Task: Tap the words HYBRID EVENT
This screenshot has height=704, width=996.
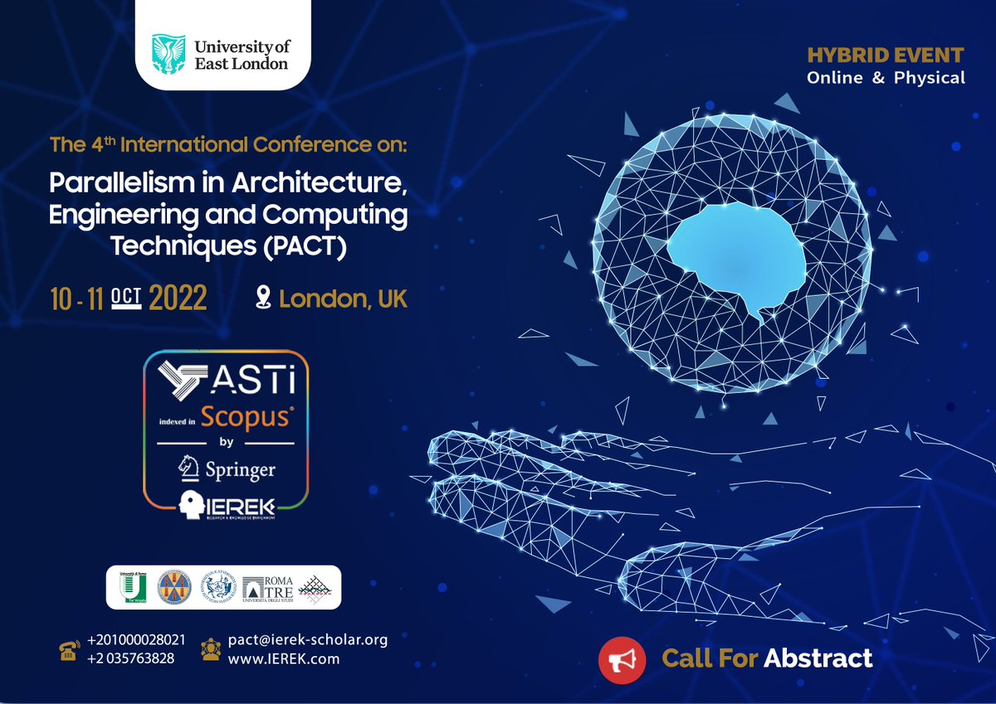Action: (886, 56)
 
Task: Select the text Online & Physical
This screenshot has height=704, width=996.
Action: (886, 78)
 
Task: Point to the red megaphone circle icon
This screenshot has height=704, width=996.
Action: (622, 659)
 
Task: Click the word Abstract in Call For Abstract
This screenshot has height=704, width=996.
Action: (818, 658)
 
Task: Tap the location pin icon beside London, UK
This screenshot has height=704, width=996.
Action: (264, 298)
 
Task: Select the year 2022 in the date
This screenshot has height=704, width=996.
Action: (178, 299)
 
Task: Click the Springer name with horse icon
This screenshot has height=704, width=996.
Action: (227, 470)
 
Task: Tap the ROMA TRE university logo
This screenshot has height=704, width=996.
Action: (266, 587)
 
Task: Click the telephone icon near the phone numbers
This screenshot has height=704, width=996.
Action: (69, 650)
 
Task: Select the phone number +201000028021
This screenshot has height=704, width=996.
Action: (136, 640)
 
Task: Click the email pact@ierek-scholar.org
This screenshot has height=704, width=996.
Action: (308, 639)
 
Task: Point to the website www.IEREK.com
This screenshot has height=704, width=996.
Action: (284, 659)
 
